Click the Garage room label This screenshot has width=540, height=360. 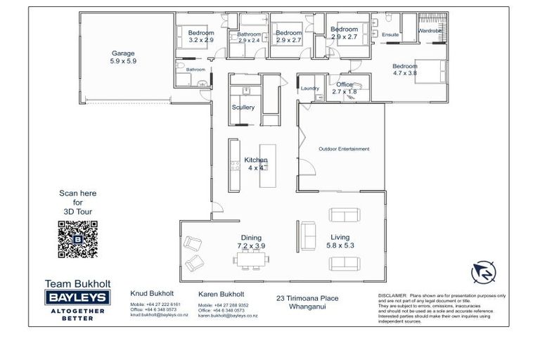tap(122, 57)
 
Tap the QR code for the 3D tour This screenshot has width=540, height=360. tap(77, 239)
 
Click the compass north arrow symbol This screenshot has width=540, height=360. tap(482, 271)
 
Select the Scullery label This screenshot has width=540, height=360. tap(243, 108)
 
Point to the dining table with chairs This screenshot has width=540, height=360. tap(252, 261)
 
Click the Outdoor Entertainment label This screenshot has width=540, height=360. tap(343, 149)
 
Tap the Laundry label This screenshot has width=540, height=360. tap(310, 89)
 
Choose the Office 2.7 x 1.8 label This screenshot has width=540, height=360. tap(345, 88)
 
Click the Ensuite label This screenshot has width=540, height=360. tap(390, 34)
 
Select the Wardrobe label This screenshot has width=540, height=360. tap(430, 31)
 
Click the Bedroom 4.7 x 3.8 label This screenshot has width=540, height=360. tap(405, 70)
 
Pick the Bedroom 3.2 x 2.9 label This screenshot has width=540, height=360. tap(200, 37)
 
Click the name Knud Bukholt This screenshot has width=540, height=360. tap(153, 292)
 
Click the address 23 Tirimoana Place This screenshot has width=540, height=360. tap(307, 298)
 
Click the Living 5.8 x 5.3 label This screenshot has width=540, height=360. tap(340, 241)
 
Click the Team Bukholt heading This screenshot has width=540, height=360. tap(75, 283)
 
